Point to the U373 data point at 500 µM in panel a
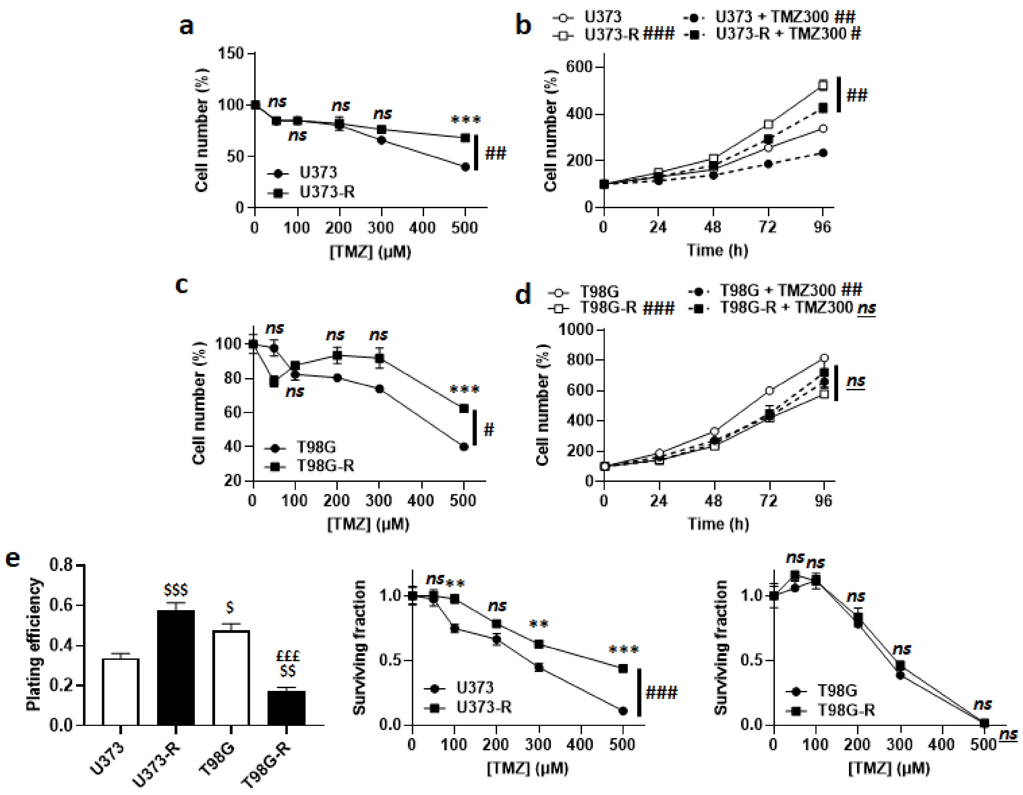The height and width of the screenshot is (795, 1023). click(x=465, y=167)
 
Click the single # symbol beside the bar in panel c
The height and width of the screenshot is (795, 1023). click(x=488, y=429)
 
